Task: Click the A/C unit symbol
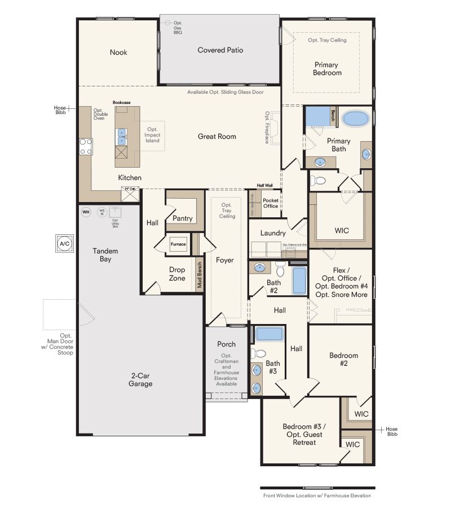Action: tap(63, 244)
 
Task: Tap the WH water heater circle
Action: tap(86, 212)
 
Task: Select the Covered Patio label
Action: tap(220, 50)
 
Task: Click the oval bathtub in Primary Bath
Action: tap(356, 119)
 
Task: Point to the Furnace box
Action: tap(178, 244)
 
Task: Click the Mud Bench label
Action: tap(200, 275)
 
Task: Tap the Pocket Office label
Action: tap(271, 203)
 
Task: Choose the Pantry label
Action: tap(183, 218)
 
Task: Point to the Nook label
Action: tap(118, 52)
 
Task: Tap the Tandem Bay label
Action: tap(105, 255)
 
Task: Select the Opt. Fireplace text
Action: tap(267, 127)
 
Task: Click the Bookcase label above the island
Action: tap(121, 103)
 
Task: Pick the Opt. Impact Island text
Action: tap(152, 135)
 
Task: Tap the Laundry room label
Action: tap(273, 233)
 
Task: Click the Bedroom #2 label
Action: tap(343, 359)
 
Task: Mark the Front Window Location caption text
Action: tap(317, 496)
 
